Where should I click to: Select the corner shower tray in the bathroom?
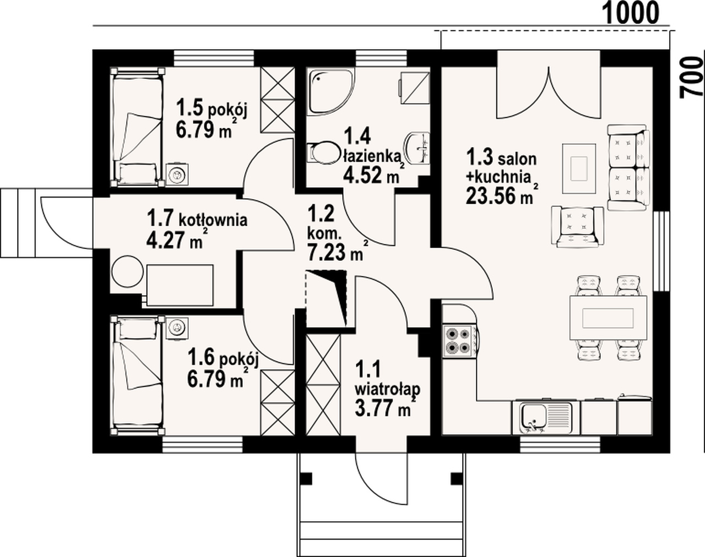point(332,91)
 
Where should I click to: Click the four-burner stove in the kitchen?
point(459,341)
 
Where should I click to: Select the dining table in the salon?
point(609,318)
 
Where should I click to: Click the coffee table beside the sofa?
point(579,168)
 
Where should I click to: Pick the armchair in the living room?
point(578,226)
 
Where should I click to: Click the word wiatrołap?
point(388,390)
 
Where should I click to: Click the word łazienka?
point(372,156)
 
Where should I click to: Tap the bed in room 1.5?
point(137,127)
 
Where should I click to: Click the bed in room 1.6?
point(137,375)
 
